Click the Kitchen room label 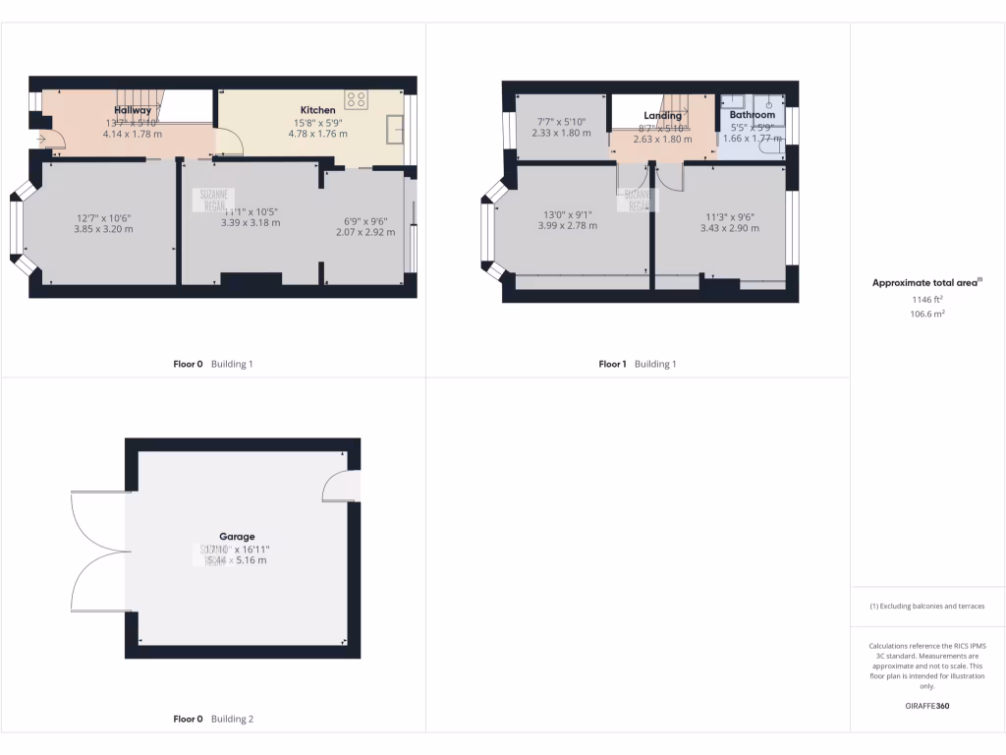(317, 110)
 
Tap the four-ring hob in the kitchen (357, 99)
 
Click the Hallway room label (133, 110)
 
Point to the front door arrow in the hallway (41, 140)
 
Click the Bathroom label (752, 115)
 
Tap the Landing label (662, 116)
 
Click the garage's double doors (98, 551)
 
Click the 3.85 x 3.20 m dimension (103, 229)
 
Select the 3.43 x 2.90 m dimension (729, 228)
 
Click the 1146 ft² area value (926, 299)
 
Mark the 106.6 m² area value (926, 314)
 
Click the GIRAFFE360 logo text (926, 706)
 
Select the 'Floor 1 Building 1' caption (637, 364)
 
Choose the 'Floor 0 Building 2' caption (213, 719)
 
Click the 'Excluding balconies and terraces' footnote (926, 607)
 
